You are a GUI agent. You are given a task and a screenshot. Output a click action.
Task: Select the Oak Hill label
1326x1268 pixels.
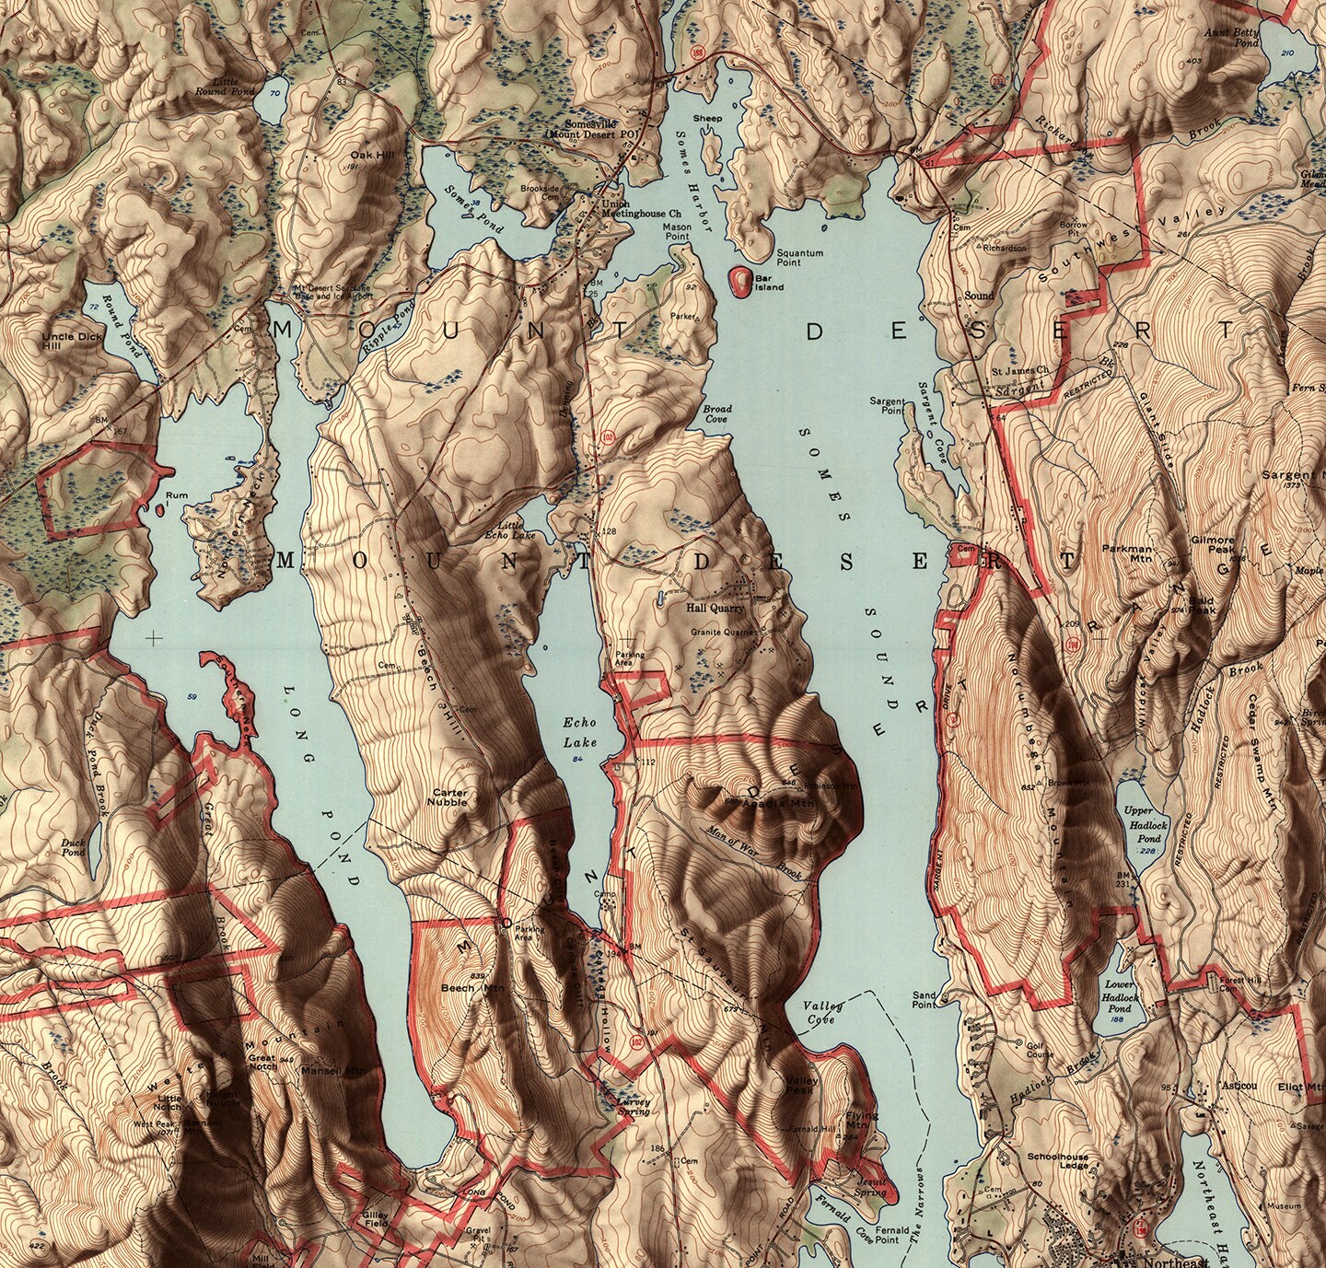coord(371,156)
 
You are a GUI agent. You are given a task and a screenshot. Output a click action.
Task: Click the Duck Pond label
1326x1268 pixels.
coord(74,846)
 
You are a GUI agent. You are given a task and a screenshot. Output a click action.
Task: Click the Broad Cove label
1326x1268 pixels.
coord(717,413)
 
